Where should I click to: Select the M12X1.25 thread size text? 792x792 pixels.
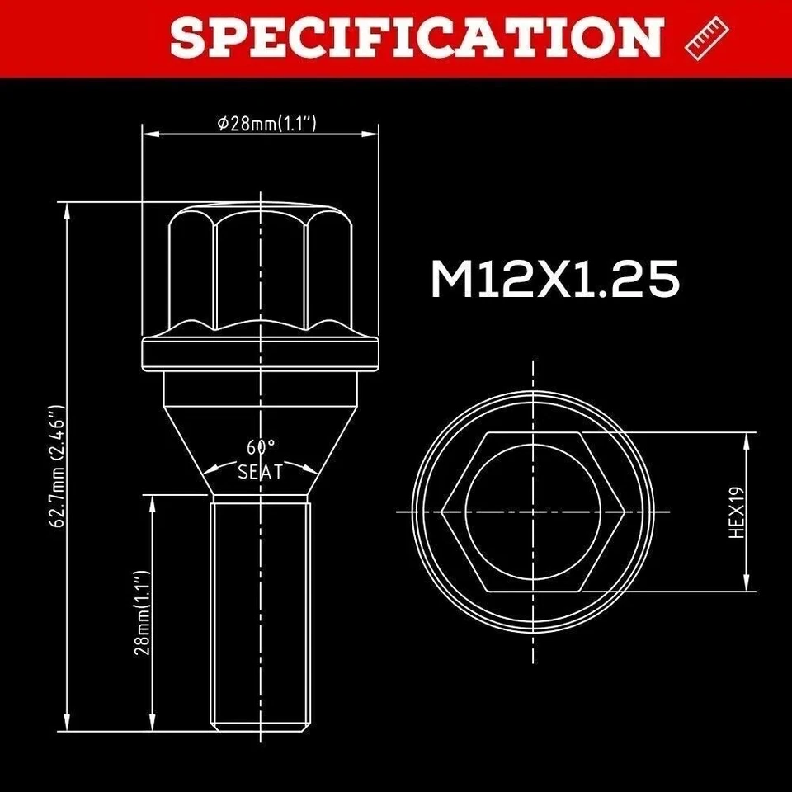[555, 280]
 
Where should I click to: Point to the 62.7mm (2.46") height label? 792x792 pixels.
[57, 465]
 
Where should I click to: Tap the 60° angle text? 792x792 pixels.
[260, 448]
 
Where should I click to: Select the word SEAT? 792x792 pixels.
[260, 473]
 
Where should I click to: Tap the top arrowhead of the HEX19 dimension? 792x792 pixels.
[747, 438]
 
